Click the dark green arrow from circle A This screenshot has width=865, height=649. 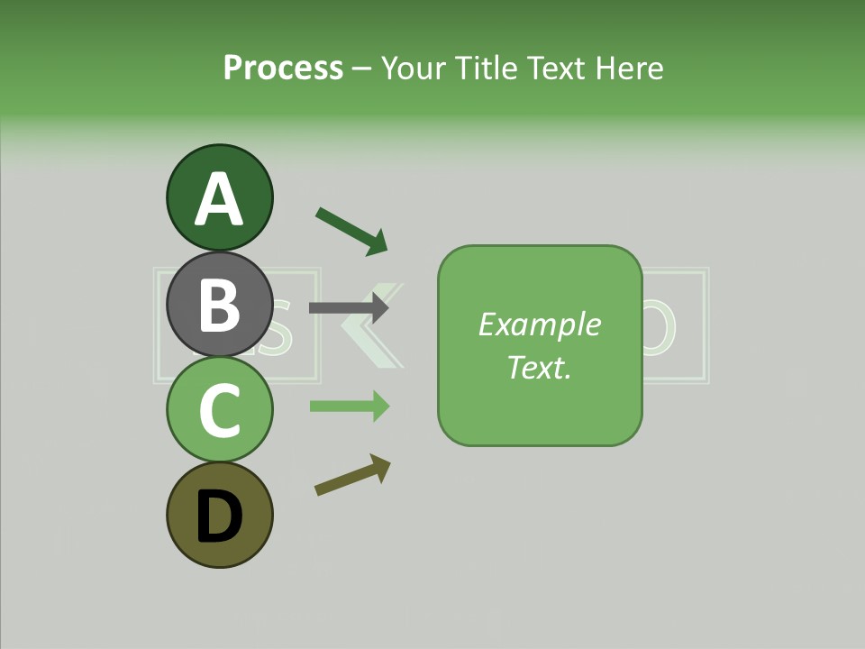351,230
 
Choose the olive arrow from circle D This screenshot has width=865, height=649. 352,475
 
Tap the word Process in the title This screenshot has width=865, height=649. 283,68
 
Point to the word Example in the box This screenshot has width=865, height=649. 540,324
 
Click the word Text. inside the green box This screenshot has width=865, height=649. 539,367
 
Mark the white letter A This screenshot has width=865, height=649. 220,200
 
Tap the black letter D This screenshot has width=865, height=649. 220,517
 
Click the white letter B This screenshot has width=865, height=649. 220,305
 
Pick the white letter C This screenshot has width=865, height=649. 220,411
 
